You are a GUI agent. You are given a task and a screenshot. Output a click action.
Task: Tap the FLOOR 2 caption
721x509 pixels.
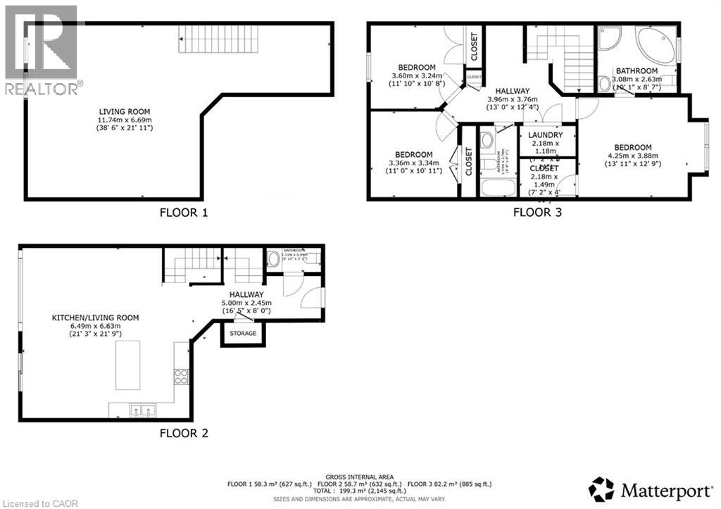tap(182, 434)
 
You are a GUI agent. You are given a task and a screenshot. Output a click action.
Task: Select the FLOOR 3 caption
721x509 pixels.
tap(537, 212)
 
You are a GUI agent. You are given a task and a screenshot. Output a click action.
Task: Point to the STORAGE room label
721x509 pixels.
tap(244, 333)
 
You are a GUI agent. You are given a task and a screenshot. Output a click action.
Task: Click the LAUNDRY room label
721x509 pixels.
tap(545, 135)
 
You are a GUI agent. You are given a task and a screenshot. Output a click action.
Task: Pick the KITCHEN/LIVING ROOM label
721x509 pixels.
tap(96, 318)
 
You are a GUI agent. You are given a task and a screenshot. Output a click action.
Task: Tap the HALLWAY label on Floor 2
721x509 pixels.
tap(246, 294)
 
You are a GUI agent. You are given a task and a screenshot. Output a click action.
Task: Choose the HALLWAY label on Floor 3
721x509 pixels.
tap(512, 92)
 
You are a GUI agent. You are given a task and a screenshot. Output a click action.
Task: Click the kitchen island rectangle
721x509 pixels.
tap(128, 365)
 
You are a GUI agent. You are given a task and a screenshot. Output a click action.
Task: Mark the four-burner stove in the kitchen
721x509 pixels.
tap(181, 376)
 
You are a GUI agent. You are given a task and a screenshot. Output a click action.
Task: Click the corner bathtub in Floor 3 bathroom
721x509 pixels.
tap(655, 44)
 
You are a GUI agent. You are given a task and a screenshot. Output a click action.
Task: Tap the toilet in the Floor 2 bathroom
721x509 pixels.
tap(274, 258)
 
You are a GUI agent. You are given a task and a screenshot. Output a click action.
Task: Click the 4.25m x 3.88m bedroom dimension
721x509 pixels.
tap(641, 156)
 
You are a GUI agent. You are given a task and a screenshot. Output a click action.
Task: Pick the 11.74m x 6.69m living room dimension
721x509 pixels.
tap(124, 120)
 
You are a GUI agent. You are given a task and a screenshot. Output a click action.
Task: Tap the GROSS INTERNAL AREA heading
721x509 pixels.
tap(359, 477)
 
